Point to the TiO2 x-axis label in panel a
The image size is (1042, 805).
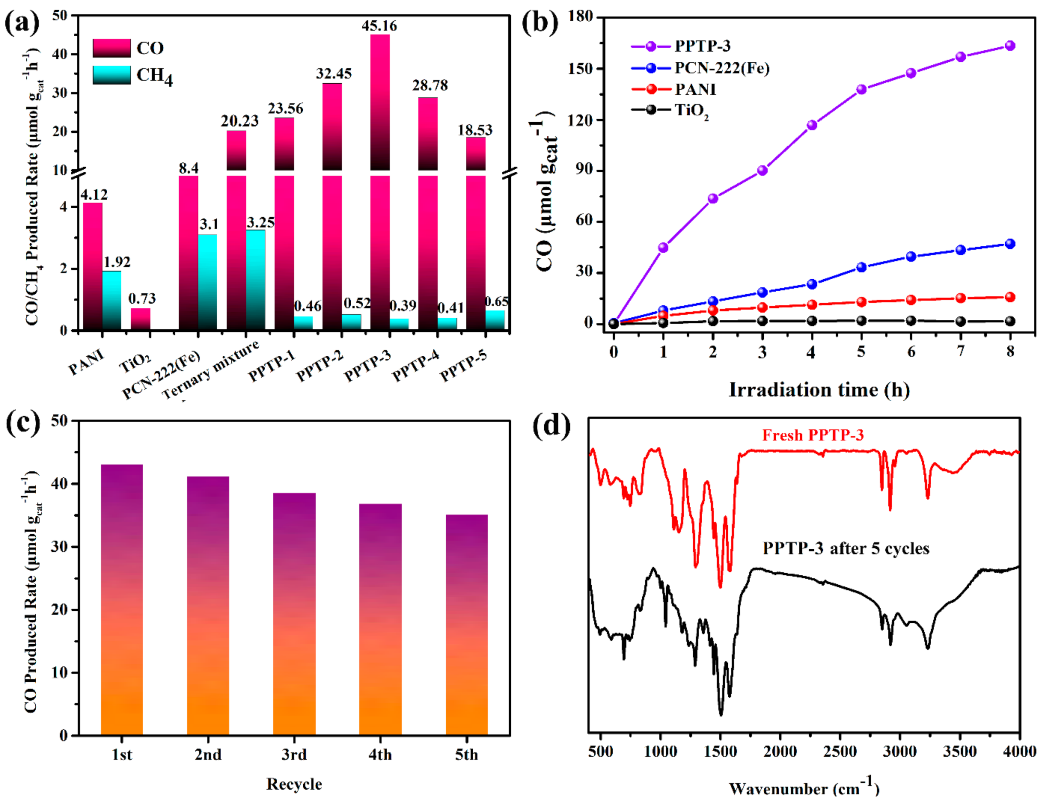(135, 363)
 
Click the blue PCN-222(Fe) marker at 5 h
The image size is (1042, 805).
(861, 267)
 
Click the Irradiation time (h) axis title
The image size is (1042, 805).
(819, 390)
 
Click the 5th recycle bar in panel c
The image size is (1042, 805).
(466, 625)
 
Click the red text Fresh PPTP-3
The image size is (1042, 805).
(812, 435)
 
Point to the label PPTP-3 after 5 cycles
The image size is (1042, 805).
(846, 548)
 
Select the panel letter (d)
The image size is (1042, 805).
(552, 425)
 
